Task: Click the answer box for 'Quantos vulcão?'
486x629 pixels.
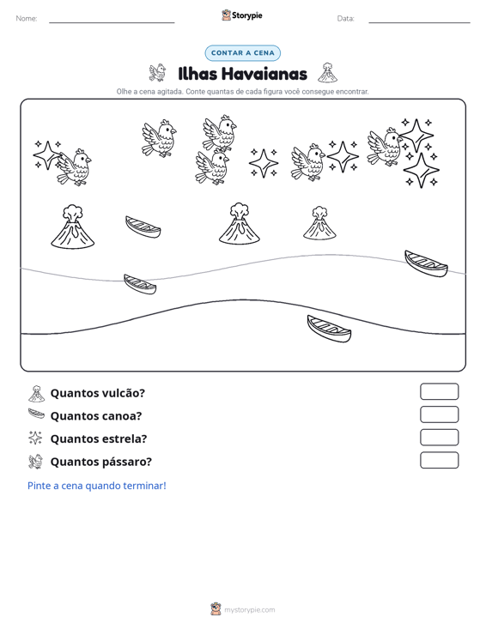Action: (x=439, y=391)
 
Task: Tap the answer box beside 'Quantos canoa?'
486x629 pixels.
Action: (x=439, y=414)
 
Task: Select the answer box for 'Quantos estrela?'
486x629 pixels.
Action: (x=439, y=438)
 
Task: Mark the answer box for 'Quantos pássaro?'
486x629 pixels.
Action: (x=439, y=460)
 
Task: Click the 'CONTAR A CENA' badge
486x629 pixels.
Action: (x=242, y=53)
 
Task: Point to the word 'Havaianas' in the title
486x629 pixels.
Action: (x=264, y=74)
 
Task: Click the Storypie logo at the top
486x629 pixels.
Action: (x=241, y=15)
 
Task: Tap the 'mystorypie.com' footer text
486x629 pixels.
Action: (x=249, y=610)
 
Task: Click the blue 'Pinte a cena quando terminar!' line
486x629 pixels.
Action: (x=97, y=486)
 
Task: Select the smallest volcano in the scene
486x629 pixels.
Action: (x=319, y=223)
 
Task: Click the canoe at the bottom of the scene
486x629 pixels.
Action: (x=329, y=329)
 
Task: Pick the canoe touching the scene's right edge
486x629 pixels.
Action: (x=426, y=263)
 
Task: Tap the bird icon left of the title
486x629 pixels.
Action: (x=157, y=73)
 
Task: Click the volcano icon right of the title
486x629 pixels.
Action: (x=327, y=73)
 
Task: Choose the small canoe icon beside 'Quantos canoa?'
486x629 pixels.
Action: (x=36, y=414)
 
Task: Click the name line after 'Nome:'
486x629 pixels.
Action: (x=112, y=22)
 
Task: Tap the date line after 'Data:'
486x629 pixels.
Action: (x=419, y=22)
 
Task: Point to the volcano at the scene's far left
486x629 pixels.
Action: (x=73, y=227)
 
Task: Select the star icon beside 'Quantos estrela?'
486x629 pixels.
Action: (x=35, y=438)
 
